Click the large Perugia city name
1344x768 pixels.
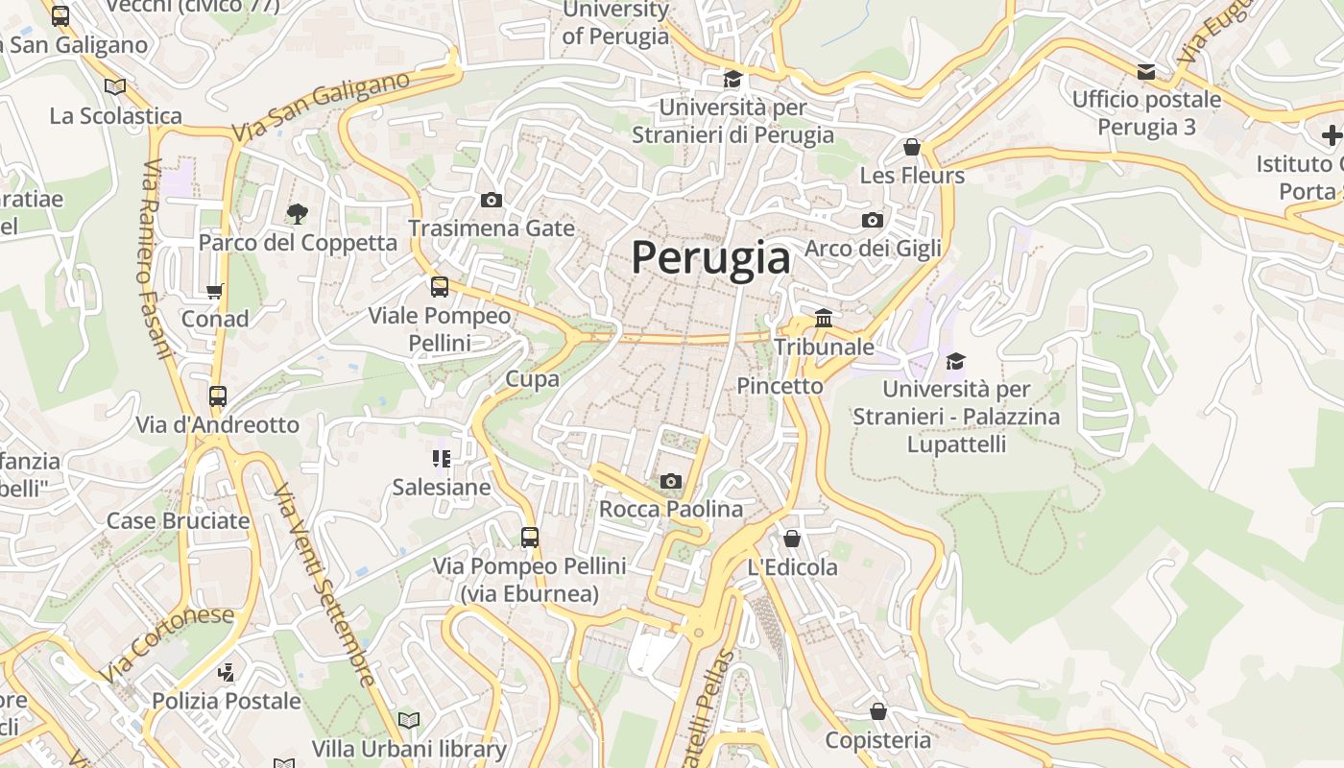tap(711, 257)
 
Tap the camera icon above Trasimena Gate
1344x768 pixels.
tap(492, 200)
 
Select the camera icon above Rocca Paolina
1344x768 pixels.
tap(671, 481)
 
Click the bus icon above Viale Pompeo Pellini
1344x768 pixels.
tap(440, 286)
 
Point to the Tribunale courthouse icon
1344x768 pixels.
tap(824, 318)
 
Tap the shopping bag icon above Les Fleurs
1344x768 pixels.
tap(912, 147)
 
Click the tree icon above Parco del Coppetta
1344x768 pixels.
tap(298, 213)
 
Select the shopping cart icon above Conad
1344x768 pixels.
tap(215, 290)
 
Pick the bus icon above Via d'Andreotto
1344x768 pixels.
tap(218, 396)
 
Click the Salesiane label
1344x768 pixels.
tap(442, 487)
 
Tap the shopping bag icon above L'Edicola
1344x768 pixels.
tap(792, 539)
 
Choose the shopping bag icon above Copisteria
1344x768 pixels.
tap(877, 711)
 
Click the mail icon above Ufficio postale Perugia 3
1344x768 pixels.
tap(1146, 71)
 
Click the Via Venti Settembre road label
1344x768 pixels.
tap(324, 586)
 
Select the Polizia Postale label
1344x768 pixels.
tap(227, 701)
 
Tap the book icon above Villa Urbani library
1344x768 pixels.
tap(409, 720)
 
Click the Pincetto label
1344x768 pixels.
tap(780, 386)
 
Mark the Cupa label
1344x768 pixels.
tap(533, 379)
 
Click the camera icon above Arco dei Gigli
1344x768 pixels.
tap(873, 220)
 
